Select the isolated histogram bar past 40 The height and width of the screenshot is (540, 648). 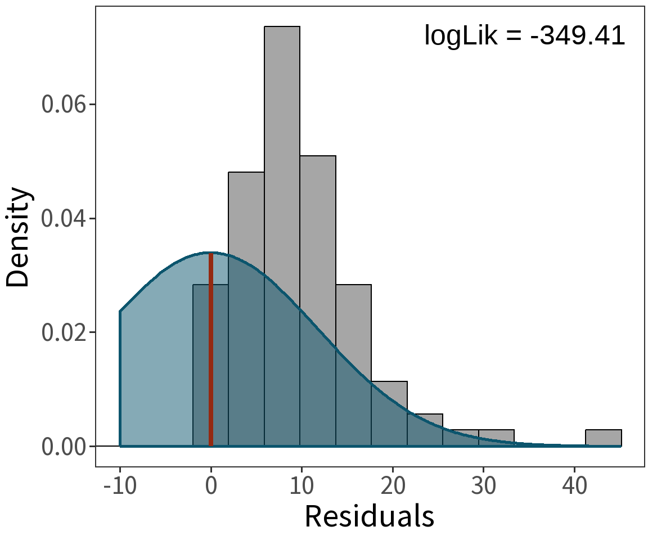(603, 438)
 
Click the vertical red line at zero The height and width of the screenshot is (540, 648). (211, 349)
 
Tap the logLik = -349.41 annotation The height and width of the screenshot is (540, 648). (524, 36)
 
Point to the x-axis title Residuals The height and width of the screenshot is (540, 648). (370, 515)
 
